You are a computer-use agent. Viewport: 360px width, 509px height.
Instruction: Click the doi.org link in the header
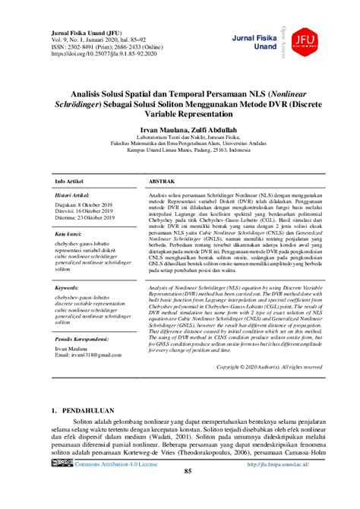(x=96, y=54)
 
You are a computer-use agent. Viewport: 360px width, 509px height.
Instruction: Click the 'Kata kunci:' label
(x=68, y=235)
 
